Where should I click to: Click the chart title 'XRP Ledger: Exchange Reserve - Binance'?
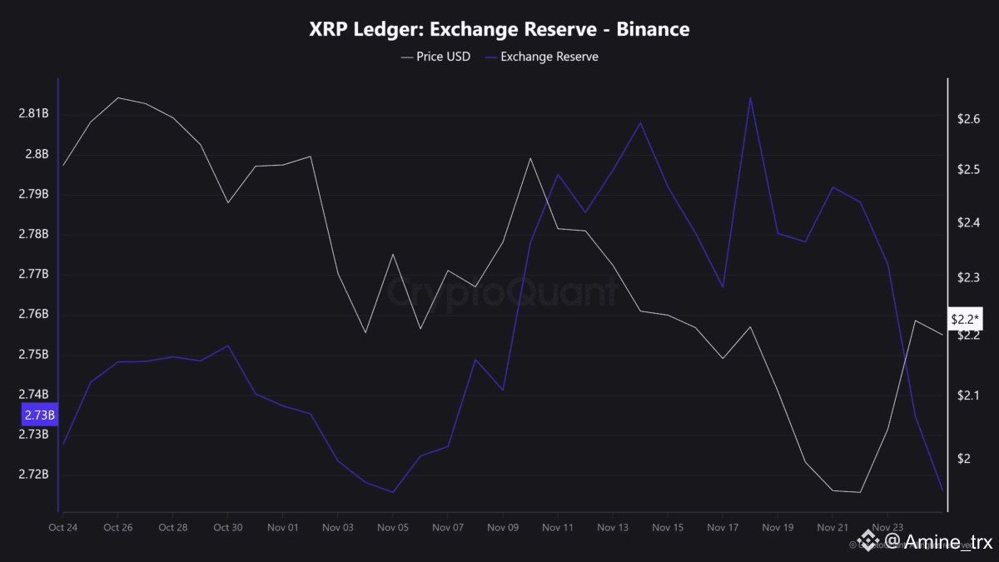[x=499, y=29]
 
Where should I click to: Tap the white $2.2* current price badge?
[x=967, y=319]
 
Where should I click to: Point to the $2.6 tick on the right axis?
[x=969, y=119]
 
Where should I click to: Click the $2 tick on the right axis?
[x=965, y=459]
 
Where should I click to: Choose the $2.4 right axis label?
[x=969, y=222]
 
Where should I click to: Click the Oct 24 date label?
[x=63, y=527]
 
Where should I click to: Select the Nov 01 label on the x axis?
[x=283, y=527]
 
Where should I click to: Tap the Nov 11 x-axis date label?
[x=558, y=527]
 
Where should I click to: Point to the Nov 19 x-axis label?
[x=778, y=527]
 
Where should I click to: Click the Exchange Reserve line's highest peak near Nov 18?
[x=750, y=97]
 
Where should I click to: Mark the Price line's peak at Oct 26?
[x=117, y=97]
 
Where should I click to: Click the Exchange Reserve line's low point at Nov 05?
[x=392, y=492]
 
